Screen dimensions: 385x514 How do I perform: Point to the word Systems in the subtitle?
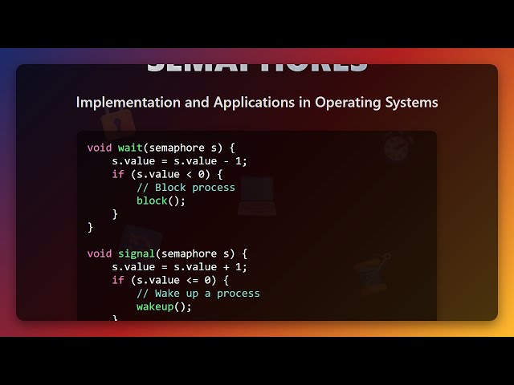click(x=411, y=103)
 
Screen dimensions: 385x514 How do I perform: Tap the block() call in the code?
click(x=161, y=201)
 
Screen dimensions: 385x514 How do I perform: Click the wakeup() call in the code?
click(x=164, y=306)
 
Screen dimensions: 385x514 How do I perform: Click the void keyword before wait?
click(x=100, y=148)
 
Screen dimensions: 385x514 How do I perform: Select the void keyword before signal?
click(x=100, y=253)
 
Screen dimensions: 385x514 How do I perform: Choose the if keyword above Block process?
click(x=118, y=174)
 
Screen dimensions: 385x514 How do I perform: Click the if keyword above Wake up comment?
click(x=118, y=280)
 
